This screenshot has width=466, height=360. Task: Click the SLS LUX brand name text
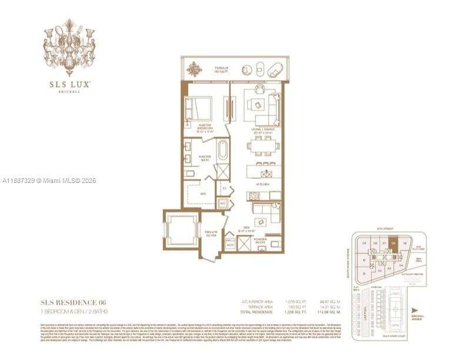(x=69, y=85)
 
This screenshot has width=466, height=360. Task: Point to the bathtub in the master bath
(x=223, y=151)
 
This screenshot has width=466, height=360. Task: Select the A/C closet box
(x=222, y=203)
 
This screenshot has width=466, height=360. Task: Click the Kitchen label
(x=262, y=184)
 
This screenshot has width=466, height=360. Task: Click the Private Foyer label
(x=211, y=234)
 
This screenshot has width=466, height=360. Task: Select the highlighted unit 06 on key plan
(x=393, y=243)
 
